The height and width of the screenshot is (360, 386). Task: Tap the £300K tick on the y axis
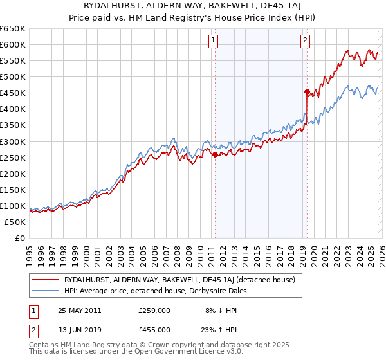tap(12, 141)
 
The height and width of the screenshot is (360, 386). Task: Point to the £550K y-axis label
tap(12, 61)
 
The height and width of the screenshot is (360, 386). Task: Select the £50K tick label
tap(15, 222)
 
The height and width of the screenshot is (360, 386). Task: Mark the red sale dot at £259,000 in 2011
tap(214, 154)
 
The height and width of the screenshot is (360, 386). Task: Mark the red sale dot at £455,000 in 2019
tap(307, 91)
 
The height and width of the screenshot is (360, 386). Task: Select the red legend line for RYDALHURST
tap(44, 280)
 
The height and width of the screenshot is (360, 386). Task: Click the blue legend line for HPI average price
tap(44, 291)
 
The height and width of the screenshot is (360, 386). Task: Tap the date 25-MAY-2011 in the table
tap(79, 310)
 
